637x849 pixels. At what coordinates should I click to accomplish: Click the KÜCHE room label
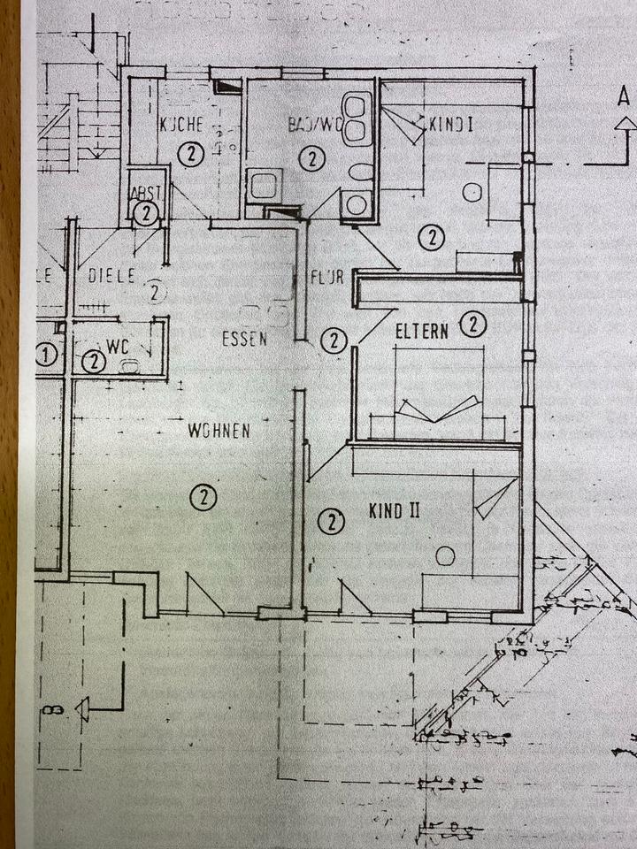click(x=182, y=126)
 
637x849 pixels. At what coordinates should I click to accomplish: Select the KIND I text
click(x=450, y=125)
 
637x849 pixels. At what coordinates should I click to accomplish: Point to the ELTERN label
click(x=421, y=331)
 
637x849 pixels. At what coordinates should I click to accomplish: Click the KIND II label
click(x=393, y=510)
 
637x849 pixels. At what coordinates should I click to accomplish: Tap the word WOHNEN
click(x=219, y=431)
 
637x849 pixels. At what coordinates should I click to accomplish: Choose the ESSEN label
click(x=244, y=338)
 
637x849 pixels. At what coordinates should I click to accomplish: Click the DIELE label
click(x=111, y=276)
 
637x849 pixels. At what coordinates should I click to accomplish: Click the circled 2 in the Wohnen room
click(x=203, y=497)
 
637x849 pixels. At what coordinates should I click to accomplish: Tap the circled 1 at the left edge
click(x=46, y=356)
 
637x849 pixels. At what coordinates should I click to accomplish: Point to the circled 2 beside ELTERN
click(x=474, y=325)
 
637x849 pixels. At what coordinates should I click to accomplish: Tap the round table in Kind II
click(x=445, y=555)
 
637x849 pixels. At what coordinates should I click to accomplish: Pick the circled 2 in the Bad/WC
click(x=311, y=159)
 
